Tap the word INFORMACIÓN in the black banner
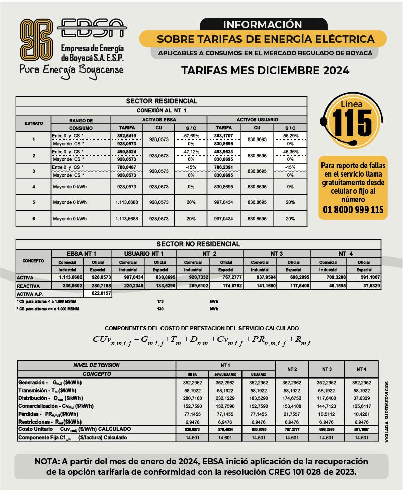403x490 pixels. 262,24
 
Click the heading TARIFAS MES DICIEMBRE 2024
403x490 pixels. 265,71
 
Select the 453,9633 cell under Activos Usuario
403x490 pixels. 223,152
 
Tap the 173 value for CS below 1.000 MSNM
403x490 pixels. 161,301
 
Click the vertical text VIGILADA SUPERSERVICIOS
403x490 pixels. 387,412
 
